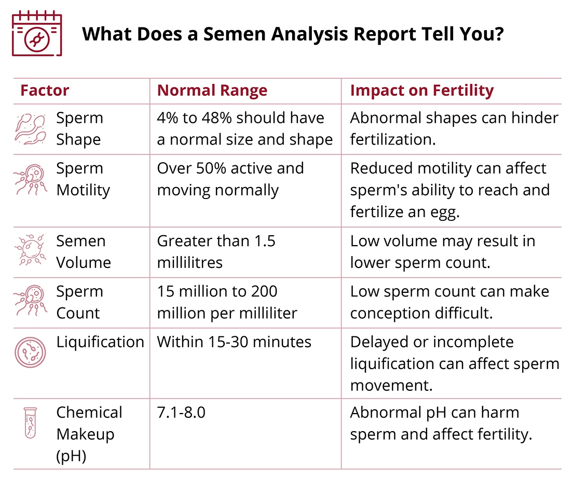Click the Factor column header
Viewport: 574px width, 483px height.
[45, 91]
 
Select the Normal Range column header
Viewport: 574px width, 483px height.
[212, 91]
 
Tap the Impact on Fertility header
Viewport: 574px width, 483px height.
[421, 91]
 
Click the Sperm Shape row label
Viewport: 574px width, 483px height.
[79, 129]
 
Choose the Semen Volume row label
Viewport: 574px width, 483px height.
[83, 252]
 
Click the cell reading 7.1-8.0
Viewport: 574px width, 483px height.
[181, 413]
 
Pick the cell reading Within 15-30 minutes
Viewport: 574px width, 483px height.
[234, 342]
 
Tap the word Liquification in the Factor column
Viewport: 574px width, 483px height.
[100, 342]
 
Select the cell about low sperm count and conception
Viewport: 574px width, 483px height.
[449, 302]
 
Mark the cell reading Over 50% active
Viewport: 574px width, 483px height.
[230, 179]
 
